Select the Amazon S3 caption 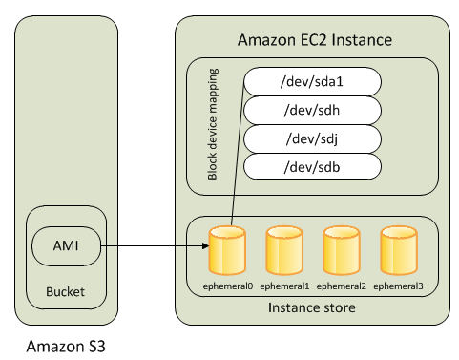pos(66,346)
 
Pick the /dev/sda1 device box pos(314,81)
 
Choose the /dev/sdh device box pos(314,110)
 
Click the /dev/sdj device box pos(314,138)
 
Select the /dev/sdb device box pos(314,167)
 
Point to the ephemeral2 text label pos(340,285)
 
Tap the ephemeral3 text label pos(397,285)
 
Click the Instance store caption pos(312,307)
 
